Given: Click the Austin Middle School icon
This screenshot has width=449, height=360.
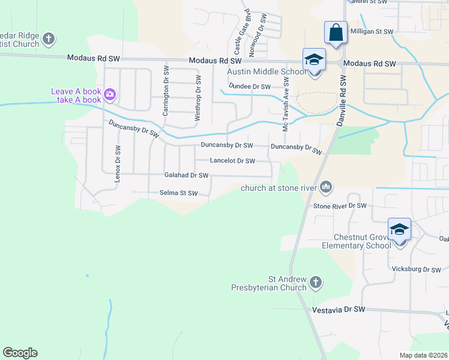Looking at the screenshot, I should (x=314, y=59).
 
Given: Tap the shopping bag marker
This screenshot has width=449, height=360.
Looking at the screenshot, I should (x=335, y=32).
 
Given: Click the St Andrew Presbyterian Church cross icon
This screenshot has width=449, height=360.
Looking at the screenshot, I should (x=316, y=282).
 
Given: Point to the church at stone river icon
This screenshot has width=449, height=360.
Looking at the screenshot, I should (x=326, y=188).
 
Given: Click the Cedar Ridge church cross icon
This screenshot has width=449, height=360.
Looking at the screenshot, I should (x=49, y=40).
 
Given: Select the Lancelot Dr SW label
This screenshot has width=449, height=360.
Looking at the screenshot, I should (x=232, y=161).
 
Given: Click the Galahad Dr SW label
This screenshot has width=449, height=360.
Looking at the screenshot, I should (x=186, y=175).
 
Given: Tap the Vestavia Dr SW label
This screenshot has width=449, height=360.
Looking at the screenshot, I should (x=339, y=310).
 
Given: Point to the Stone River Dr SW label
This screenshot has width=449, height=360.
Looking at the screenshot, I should (x=340, y=206).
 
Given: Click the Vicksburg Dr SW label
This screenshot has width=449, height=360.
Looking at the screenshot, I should (x=416, y=270).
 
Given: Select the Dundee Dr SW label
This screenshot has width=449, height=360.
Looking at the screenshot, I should (x=250, y=86).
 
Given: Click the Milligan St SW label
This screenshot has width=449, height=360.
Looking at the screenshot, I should (x=372, y=31).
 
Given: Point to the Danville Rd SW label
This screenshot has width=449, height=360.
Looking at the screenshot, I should (x=344, y=96).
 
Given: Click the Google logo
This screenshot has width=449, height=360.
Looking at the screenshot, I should (x=20, y=353).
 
